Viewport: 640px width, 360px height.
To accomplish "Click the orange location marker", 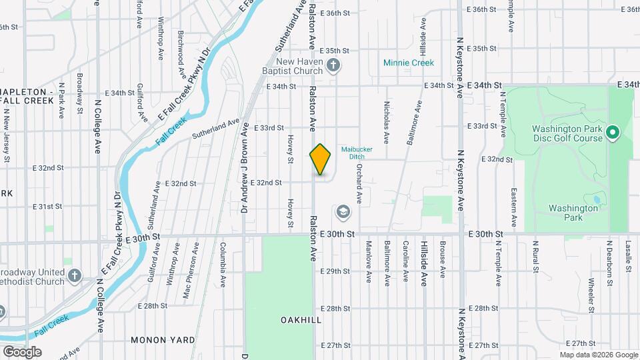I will pos(321,159).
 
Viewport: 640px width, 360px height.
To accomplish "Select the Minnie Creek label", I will pos(409,63).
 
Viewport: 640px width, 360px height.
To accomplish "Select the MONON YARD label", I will pos(157,340).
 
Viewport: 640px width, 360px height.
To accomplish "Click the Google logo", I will pos(22,351).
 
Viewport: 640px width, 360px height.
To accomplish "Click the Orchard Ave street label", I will pos(359,183).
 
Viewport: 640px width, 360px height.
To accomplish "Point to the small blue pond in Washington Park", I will pos(595,199).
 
